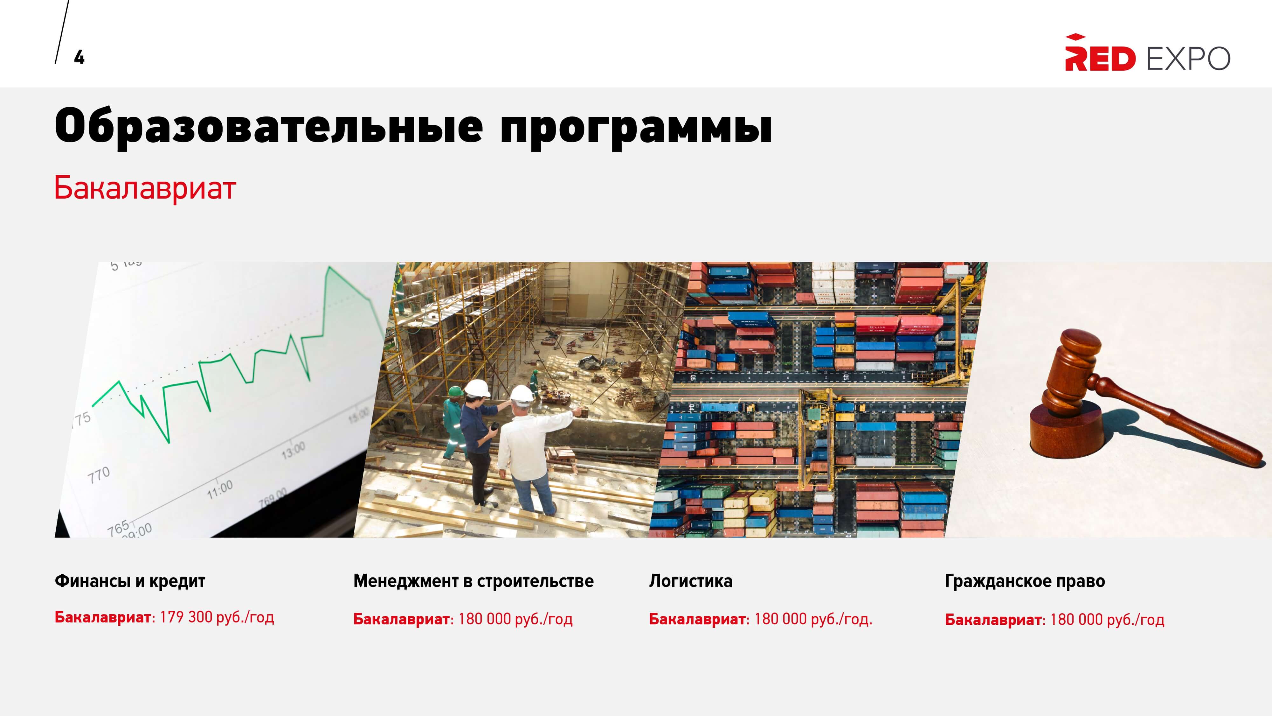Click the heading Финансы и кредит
pyautogui.click(x=130, y=581)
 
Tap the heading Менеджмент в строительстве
pyautogui.click(x=474, y=581)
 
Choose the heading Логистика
pyautogui.click(x=690, y=581)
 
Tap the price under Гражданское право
pyautogui.click(x=1107, y=619)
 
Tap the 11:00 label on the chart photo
pyautogui.click(x=220, y=489)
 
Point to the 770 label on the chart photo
pyautogui.click(x=99, y=475)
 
